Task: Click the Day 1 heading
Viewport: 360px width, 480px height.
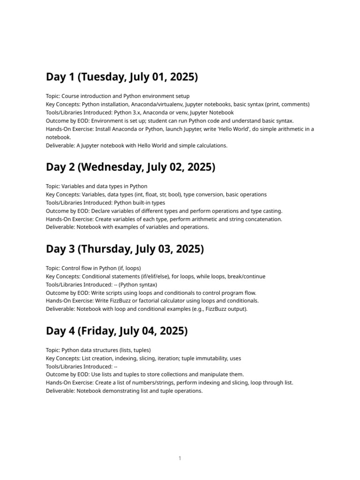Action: tap(122, 77)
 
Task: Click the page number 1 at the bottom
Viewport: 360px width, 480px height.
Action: tap(180, 458)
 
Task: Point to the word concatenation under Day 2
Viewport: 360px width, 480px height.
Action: tap(260, 219)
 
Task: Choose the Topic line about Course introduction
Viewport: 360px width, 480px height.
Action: tap(118, 96)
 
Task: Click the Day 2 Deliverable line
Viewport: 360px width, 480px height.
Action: tap(127, 227)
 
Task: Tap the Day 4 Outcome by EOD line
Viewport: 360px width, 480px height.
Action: tap(145, 375)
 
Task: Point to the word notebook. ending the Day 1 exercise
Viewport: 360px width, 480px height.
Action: tap(58, 137)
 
